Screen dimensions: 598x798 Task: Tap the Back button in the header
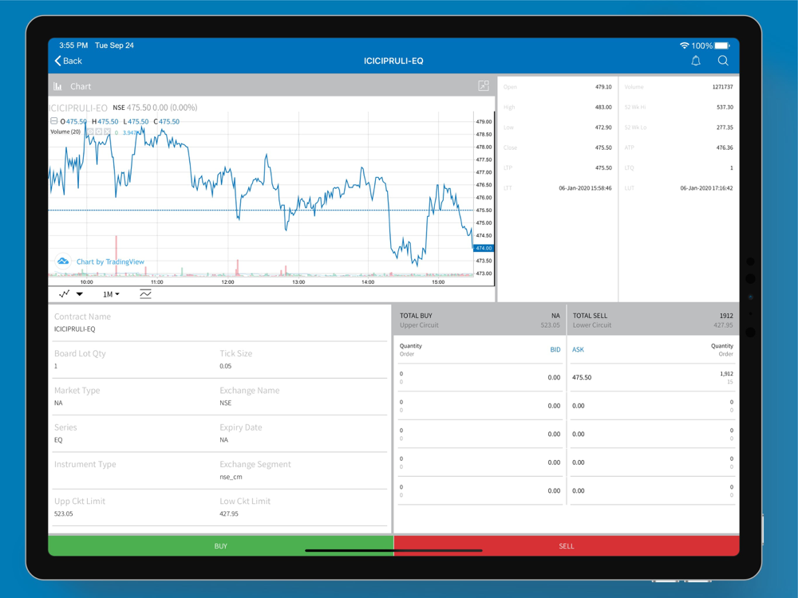pyautogui.click(x=68, y=61)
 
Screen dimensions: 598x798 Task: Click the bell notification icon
pyautogui.click(x=696, y=61)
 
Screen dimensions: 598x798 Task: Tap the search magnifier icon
pyautogui.click(x=723, y=61)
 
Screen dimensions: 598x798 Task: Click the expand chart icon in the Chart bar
pyautogui.click(x=484, y=86)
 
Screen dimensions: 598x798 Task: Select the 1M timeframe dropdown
pyautogui.click(x=111, y=294)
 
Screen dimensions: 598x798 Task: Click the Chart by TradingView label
pyautogui.click(x=109, y=262)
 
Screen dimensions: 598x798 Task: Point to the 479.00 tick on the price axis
pyautogui.click(x=484, y=122)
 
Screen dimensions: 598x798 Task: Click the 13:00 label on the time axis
pyautogui.click(x=298, y=282)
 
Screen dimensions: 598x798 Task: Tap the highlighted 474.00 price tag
pyautogui.click(x=484, y=248)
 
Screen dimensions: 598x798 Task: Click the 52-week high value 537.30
pyautogui.click(x=725, y=107)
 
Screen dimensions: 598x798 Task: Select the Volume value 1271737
pyautogui.click(x=722, y=87)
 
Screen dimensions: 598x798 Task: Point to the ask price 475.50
pyautogui.click(x=582, y=377)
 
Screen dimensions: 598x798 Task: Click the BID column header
pyautogui.click(x=555, y=349)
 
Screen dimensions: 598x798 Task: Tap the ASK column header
pyautogui.click(x=579, y=349)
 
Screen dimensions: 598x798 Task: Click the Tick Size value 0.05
pyautogui.click(x=227, y=366)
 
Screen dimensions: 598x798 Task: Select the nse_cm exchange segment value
pyautogui.click(x=231, y=477)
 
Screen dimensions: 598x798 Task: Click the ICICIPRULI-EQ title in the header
pyautogui.click(x=393, y=61)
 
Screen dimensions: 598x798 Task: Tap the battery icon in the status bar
pyautogui.click(x=722, y=45)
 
